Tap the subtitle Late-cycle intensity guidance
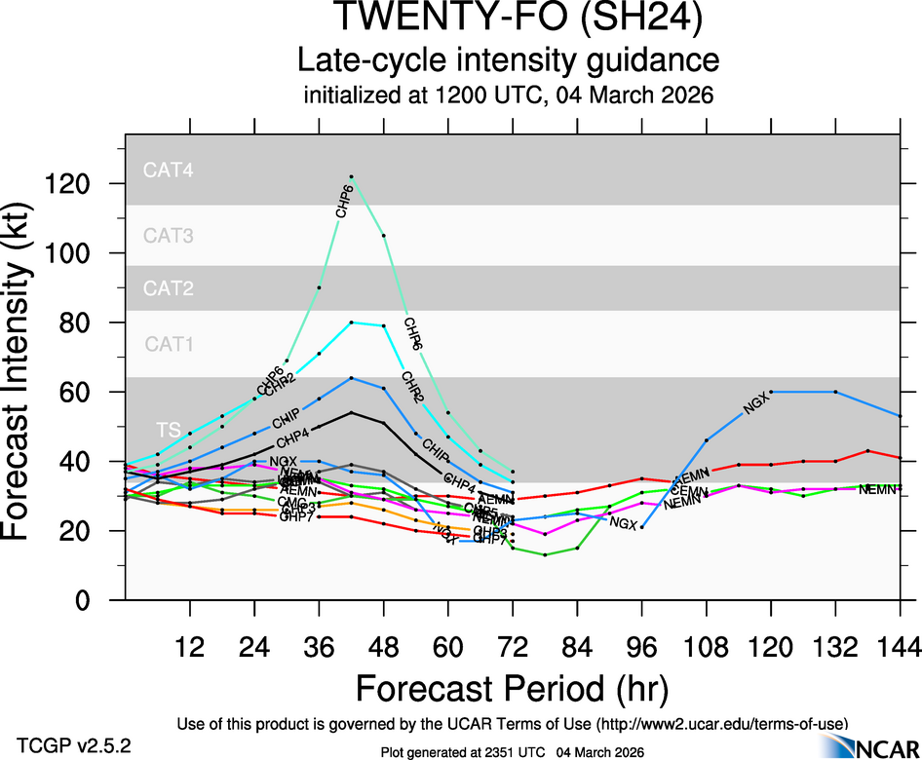(508, 61)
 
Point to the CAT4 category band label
(169, 170)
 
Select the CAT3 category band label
(169, 235)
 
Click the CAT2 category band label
(169, 287)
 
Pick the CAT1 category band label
(169, 343)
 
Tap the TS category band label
(167, 431)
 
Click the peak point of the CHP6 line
(352, 176)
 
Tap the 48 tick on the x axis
(383, 647)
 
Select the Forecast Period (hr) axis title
(512, 689)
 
